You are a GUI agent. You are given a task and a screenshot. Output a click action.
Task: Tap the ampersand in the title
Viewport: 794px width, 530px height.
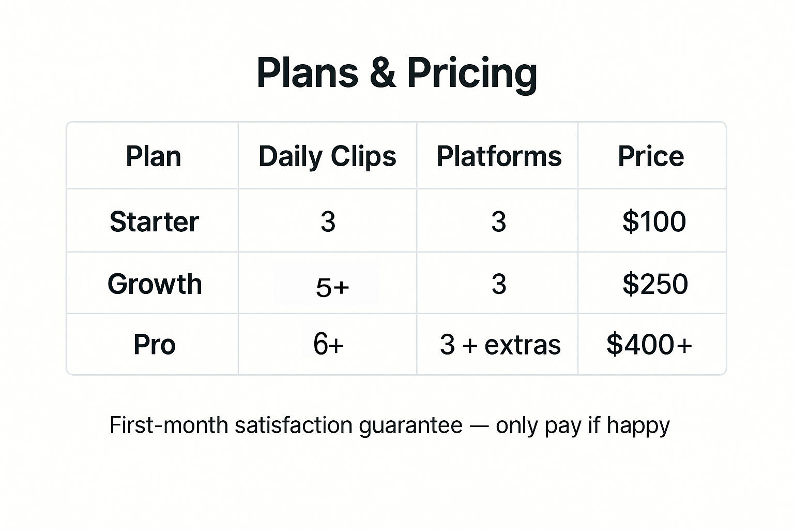tap(382, 73)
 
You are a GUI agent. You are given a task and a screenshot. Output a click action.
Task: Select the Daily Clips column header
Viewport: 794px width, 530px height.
tap(327, 156)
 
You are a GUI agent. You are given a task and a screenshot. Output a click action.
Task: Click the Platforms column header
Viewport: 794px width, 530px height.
tap(499, 156)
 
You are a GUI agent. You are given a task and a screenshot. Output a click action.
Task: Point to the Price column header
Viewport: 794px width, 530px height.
tap(651, 156)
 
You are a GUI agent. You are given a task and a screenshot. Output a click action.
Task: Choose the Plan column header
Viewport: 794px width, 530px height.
tap(154, 156)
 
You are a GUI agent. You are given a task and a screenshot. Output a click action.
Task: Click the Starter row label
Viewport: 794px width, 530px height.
tap(155, 222)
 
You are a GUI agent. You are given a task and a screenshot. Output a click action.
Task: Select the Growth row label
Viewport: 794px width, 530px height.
tap(155, 284)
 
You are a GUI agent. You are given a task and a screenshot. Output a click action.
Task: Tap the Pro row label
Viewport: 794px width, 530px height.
tap(155, 344)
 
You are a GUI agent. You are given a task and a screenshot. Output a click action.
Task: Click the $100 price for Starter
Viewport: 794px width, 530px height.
tap(654, 222)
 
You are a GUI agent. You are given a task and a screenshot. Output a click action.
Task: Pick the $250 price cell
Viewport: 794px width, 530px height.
tap(655, 284)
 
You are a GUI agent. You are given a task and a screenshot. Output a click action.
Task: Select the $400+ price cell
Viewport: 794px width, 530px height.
tap(649, 344)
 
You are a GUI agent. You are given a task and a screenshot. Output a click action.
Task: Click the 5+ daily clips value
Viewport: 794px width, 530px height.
tap(332, 287)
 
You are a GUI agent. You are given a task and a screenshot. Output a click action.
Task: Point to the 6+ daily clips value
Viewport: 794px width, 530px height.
tap(328, 344)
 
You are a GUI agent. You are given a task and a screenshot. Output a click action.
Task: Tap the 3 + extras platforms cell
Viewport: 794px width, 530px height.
tap(500, 345)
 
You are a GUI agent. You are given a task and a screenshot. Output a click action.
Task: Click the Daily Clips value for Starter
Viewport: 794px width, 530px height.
tap(328, 222)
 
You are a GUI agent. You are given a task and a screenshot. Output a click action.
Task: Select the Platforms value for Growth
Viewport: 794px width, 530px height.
tap(499, 284)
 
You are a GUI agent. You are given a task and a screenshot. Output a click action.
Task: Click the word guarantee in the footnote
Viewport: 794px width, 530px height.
tap(410, 426)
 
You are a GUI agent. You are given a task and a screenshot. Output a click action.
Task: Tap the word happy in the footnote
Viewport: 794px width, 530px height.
tap(638, 426)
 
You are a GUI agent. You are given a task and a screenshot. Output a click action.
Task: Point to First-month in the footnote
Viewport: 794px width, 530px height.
tap(169, 425)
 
